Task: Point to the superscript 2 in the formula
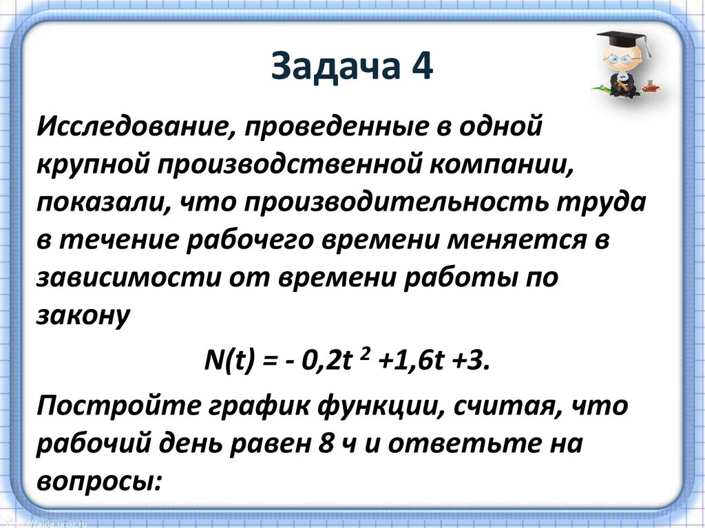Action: (364, 352)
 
